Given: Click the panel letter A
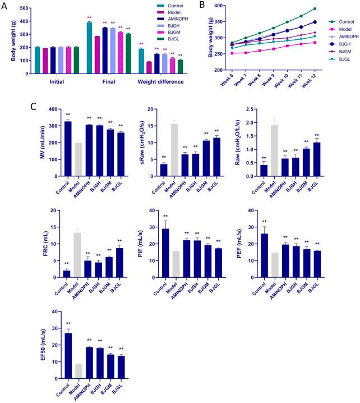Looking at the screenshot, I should [x=5, y=6].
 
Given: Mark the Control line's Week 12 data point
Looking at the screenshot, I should [x=330, y=8].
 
